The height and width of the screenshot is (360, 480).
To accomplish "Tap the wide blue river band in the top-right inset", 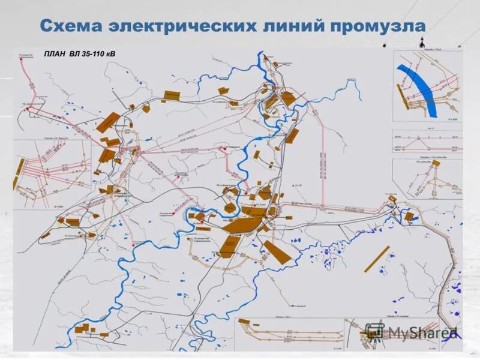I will (420, 90).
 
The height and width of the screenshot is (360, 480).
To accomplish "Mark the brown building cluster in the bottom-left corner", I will (85, 329).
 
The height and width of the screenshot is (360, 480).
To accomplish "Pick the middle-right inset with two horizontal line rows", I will (427, 143).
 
